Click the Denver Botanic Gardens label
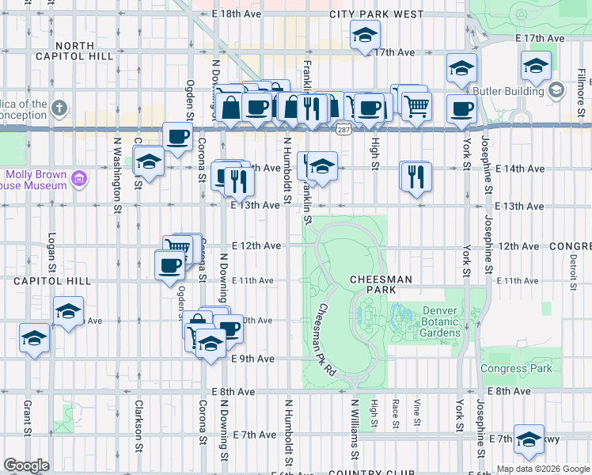[441, 321]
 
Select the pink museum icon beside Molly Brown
[78, 179]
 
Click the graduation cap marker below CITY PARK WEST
[366, 35]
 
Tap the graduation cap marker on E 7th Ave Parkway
[528, 440]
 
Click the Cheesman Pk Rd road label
[328, 340]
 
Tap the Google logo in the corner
[26, 465]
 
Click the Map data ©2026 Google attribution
[542, 469]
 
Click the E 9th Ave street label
[252, 359]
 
